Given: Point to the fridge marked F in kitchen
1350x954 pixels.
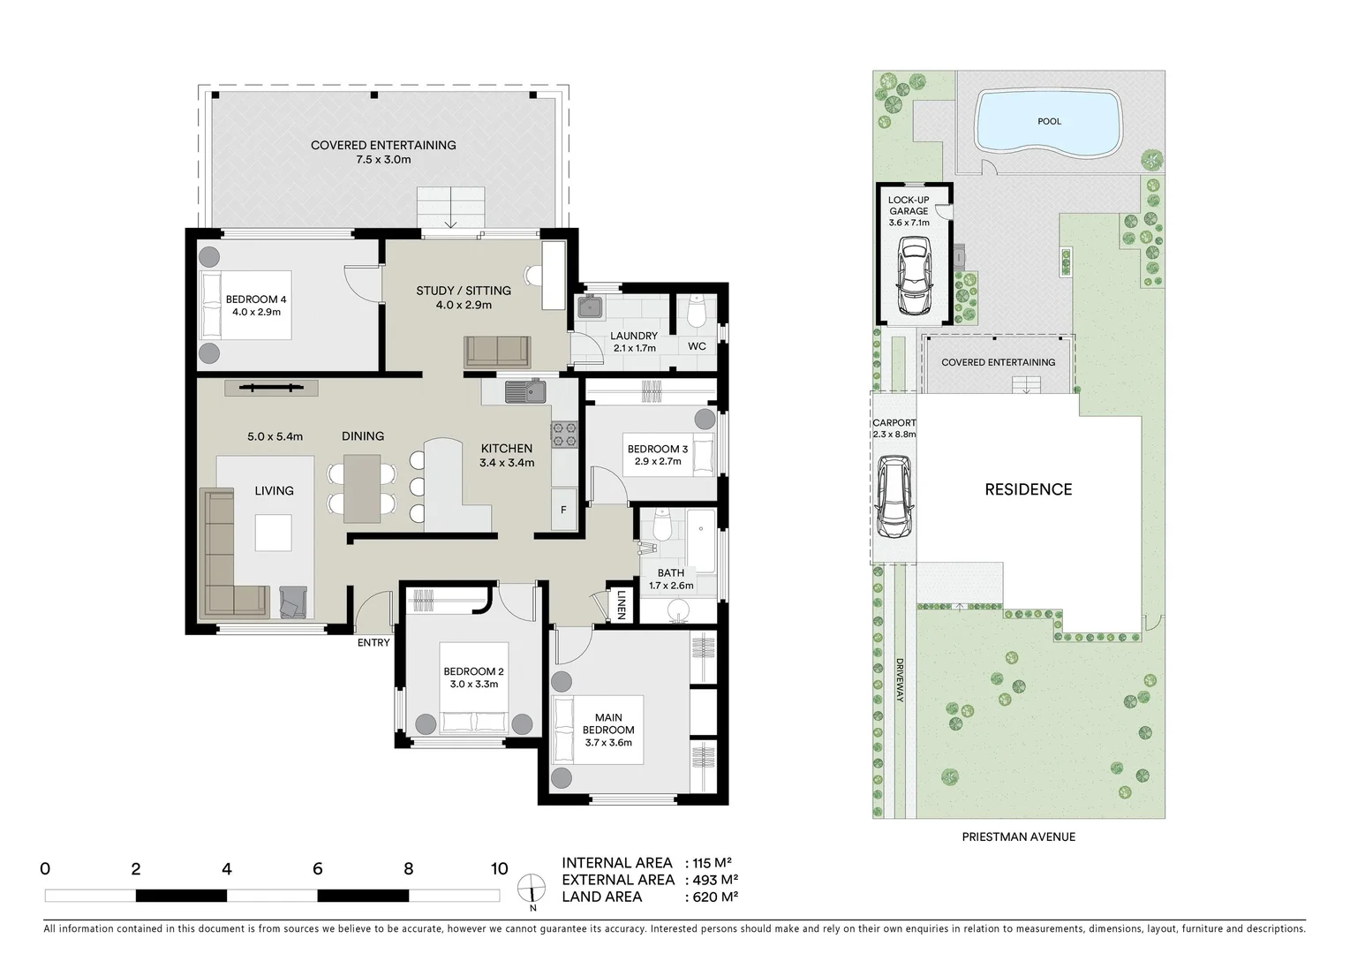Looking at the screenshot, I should coord(563,511).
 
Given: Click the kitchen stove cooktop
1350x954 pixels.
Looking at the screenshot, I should coord(563,433).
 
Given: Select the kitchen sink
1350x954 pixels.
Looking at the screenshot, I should coord(525,390).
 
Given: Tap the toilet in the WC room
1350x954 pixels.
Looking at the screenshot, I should coord(696,310).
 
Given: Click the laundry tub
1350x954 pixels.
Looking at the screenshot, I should coord(590,307).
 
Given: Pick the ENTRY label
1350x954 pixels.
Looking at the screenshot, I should coord(373,642).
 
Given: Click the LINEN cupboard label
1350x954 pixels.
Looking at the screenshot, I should coord(622,603).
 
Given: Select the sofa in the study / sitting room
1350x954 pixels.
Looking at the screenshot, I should coord(498,352).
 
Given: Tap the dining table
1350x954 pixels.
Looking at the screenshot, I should coord(362,488).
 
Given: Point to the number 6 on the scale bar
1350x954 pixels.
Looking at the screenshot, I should coord(318,869).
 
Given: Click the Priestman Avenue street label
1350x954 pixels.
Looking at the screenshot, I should coord(1018,837).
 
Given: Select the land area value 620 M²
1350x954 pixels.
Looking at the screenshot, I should coord(712,897).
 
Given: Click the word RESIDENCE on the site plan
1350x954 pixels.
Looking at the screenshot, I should coord(1028,489).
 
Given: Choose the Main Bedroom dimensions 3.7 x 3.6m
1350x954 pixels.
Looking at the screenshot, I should coord(608,743).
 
